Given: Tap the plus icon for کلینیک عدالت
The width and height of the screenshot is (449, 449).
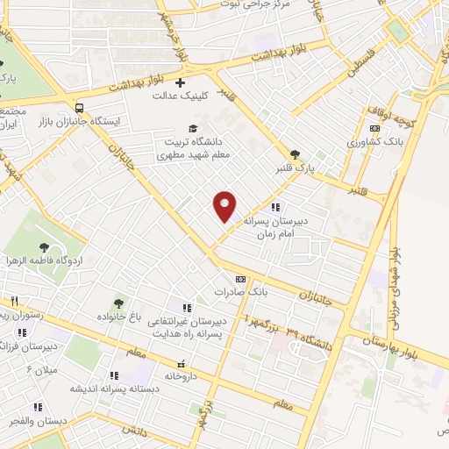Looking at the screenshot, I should pos(181,82).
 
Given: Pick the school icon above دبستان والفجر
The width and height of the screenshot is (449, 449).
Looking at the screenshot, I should pos(38,407).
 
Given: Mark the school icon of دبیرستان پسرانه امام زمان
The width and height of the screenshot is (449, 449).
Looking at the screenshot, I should pos(275,208).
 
